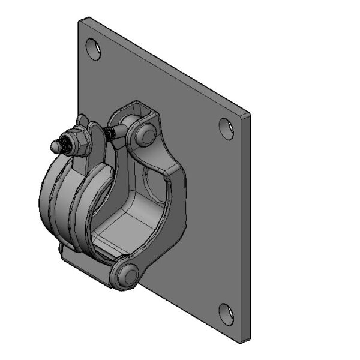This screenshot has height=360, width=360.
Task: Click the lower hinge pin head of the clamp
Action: (127, 275)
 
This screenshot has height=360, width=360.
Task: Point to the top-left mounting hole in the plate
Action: (92, 48)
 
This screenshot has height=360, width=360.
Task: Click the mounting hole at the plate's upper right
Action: (226, 128)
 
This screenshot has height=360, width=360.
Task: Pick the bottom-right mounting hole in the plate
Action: (226, 313)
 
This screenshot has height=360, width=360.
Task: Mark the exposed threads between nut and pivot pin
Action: (110, 133)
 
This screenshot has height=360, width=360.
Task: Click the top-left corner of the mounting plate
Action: (80, 19)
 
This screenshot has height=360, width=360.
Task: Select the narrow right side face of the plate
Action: (245, 228)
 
